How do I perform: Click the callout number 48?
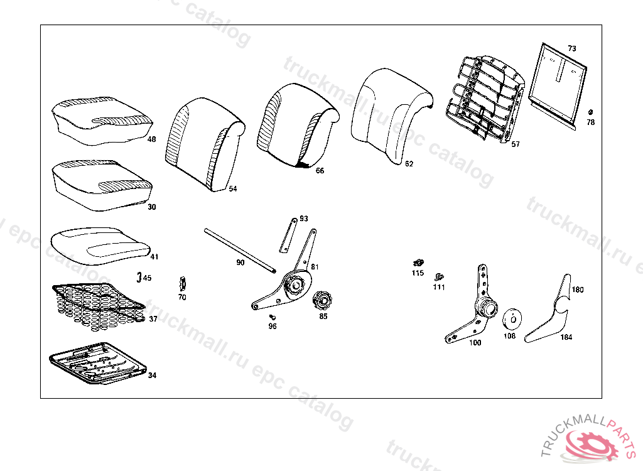tap(152, 139)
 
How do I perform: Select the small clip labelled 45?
tap(139, 276)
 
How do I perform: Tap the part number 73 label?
tap(571, 48)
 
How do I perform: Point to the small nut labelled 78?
tap(590, 112)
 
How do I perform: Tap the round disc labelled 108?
tap(512, 318)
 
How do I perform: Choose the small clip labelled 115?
tap(417, 263)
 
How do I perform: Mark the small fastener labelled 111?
tap(440, 276)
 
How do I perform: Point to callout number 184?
tap(566, 337)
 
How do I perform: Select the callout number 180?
tap(577, 290)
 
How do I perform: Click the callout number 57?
tap(516, 144)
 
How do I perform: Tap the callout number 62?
tap(409, 165)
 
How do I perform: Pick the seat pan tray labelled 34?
tap(97, 362)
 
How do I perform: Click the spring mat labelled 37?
tap(97, 304)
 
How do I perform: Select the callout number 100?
tap(475, 343)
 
